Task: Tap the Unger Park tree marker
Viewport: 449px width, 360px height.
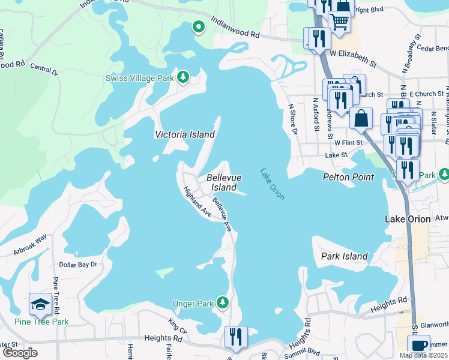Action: [223, 302]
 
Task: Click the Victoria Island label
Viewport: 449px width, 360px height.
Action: [185, 134]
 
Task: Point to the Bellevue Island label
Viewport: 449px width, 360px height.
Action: [224, 182]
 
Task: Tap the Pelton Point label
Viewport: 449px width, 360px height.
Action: [348, 177]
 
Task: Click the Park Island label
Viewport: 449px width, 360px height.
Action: [345, 256]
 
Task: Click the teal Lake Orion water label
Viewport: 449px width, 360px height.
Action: [272, 184]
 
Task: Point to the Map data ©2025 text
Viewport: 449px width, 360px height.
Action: [423, 355]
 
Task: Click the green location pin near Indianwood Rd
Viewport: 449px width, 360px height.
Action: [198, 27]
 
